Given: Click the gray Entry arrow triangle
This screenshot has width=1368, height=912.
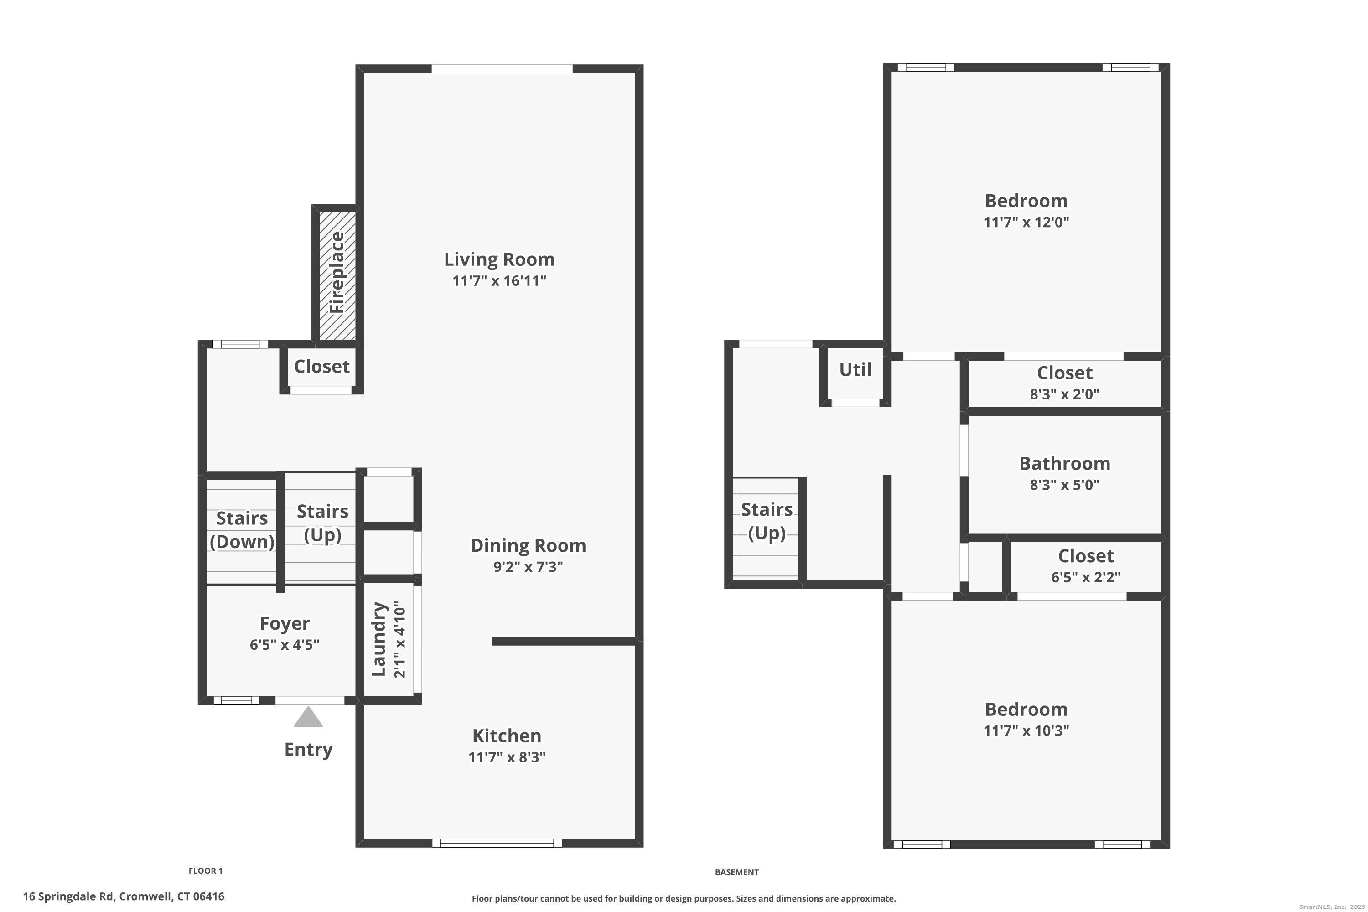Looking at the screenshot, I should [308, 717].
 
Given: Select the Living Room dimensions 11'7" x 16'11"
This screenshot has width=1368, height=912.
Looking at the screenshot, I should [499, 281].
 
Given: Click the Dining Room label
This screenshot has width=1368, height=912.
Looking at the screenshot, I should [528, 545].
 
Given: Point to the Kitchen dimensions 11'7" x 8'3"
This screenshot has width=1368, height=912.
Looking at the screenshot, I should [507, 757].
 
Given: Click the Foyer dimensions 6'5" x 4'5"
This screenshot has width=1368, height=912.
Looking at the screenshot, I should [285, 644].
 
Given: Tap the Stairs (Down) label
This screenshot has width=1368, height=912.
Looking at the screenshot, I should [242, 530].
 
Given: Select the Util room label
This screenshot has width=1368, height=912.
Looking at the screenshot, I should [855, 370].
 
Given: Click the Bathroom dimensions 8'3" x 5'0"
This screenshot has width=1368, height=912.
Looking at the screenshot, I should [1064, 484].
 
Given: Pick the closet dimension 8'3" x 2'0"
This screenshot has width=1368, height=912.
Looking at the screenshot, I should [1064, 394].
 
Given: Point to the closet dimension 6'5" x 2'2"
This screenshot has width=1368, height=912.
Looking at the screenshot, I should [1085, 577].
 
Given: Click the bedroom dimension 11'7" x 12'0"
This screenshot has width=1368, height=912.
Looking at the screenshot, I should [1026, 222].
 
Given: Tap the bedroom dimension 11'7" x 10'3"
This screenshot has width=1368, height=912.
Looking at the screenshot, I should [1026, 731].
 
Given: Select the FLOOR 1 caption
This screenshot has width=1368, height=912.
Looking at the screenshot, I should [205, 871].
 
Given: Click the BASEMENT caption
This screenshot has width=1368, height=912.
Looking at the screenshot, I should [736, 872].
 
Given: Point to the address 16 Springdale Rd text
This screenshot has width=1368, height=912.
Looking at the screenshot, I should [123, 896].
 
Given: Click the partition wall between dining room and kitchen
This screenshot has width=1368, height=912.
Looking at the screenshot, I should [563, 641].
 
